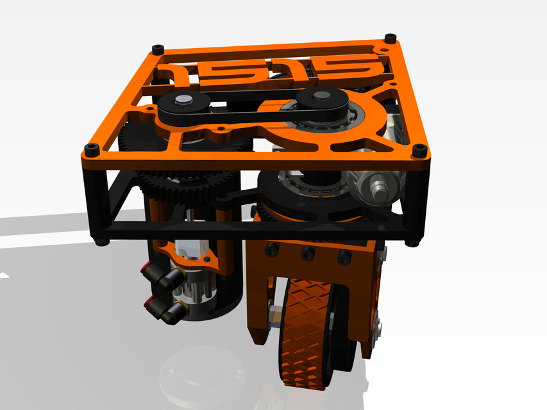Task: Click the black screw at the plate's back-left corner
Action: click(x=158, y=49)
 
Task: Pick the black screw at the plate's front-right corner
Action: click(x=419, y=151)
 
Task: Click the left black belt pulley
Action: click(x=182, y=106)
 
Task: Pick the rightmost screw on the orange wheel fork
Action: click(x=344, y=258)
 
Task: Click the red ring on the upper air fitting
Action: click(x=148, y=265)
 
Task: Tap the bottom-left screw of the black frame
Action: click(x=101, y=242)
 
